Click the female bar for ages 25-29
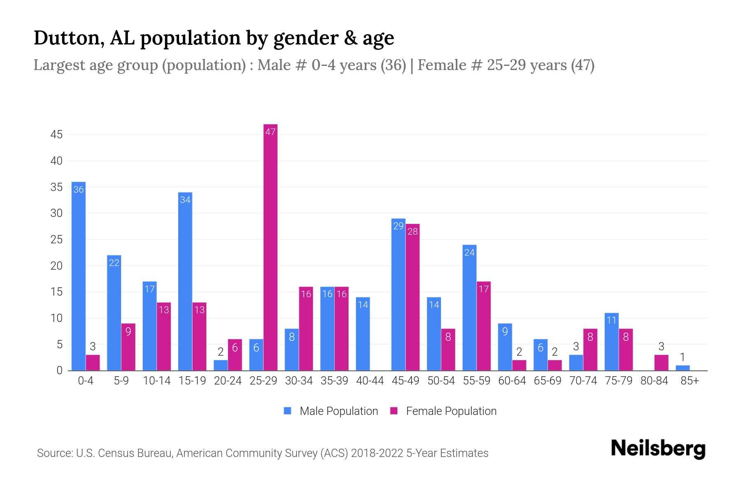270,247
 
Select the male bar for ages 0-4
79,276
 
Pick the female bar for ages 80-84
661,363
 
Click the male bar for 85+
683,368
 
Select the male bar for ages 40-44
363,333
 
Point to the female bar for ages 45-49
412,297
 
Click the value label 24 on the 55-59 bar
469,252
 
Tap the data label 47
270,132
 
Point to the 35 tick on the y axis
56,187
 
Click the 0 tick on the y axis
59,370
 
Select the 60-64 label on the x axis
512,381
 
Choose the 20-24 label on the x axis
228,381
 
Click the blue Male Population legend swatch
287,411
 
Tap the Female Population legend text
451,411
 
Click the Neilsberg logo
658,448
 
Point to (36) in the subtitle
393,65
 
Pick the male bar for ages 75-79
611,342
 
